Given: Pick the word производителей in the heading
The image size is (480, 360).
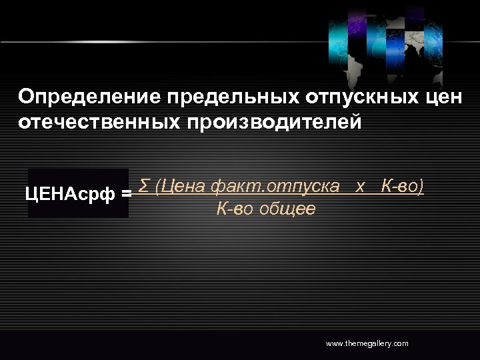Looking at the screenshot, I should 271,123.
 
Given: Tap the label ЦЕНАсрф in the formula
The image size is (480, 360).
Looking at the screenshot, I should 71,195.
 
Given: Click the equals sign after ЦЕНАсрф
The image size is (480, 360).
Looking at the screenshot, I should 127,195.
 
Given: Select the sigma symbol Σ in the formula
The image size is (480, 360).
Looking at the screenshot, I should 144,186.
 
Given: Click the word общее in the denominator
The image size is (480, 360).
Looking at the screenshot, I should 287,209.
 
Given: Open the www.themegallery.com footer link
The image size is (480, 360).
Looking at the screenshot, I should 367,343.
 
